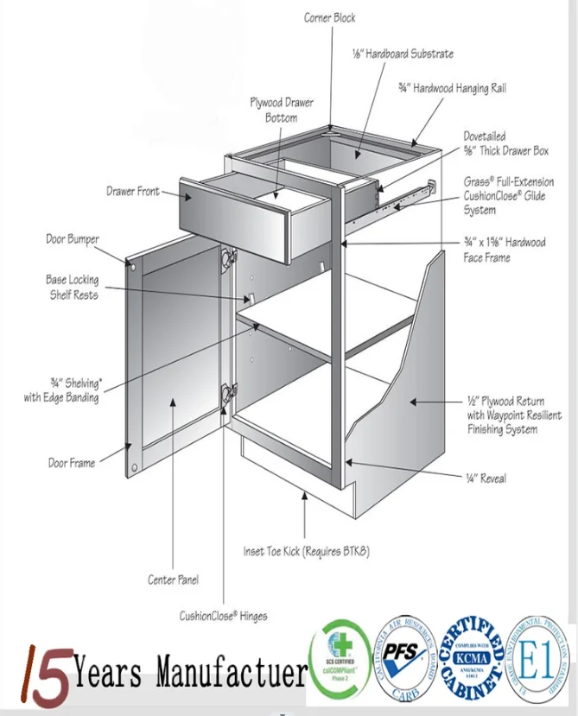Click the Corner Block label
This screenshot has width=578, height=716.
coord(329,17)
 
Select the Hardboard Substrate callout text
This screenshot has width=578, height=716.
coord(402,54)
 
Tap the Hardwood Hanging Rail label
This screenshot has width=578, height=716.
coord(451,88)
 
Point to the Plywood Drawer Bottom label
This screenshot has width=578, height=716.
coord(282,110)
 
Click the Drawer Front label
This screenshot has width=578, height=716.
coord(132,191)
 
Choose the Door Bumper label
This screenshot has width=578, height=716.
coord(73,239)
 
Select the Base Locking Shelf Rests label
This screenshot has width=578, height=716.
coord(72,288)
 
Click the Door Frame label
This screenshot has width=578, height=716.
coord(71,463)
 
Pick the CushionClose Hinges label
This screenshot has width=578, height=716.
coord(223,616)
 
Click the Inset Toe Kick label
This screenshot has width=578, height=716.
coord(306,551)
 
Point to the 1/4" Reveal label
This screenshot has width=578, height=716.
coord(486,478)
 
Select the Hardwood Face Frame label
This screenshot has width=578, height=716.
coord(505,250)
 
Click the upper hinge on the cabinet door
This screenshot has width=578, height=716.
coord(229,258)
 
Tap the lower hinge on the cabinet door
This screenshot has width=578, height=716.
coord(229,393)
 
